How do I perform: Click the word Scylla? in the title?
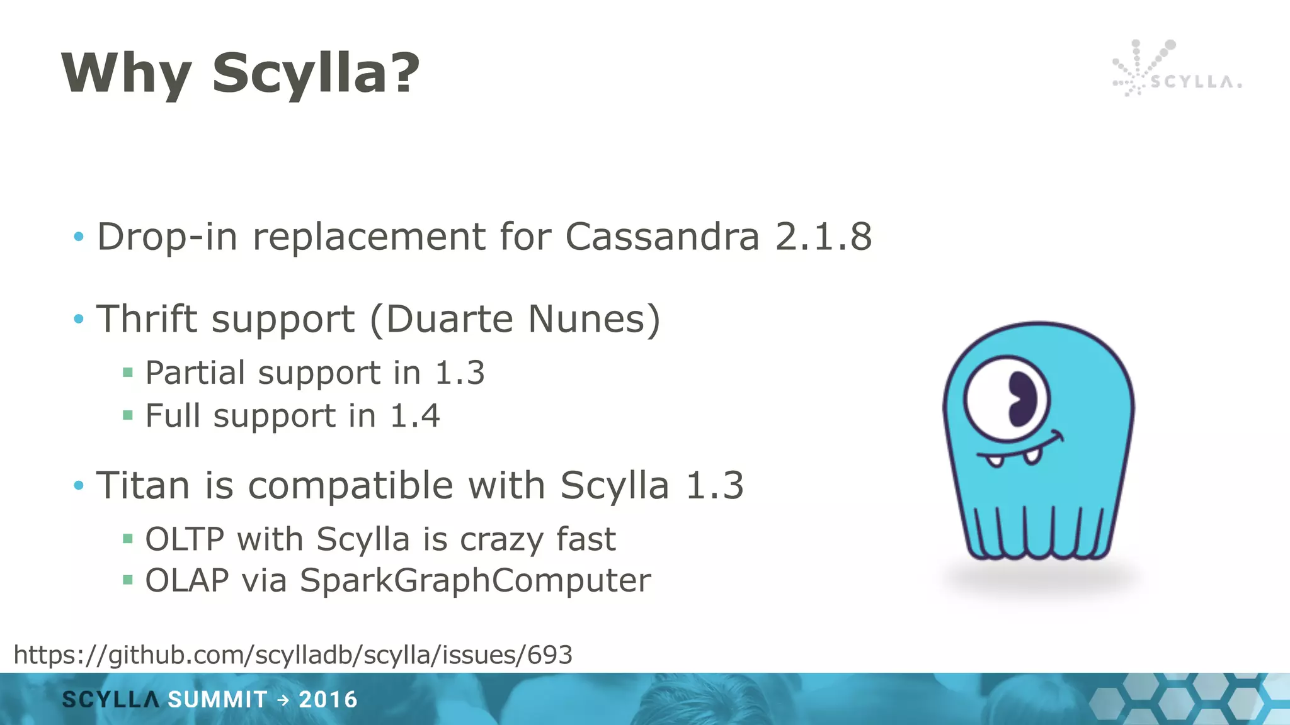316,74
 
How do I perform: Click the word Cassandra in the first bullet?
662,237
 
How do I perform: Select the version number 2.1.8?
823,237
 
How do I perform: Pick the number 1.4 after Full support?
414,416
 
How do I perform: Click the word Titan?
143,486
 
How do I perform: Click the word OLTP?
185,539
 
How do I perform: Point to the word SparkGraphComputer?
475,580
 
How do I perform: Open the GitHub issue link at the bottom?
293,655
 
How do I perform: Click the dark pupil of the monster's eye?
1022,399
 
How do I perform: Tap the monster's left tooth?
995,461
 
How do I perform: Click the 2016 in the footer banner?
328,700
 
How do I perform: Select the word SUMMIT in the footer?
217,700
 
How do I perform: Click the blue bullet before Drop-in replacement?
79,237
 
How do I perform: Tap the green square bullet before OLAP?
128,580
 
